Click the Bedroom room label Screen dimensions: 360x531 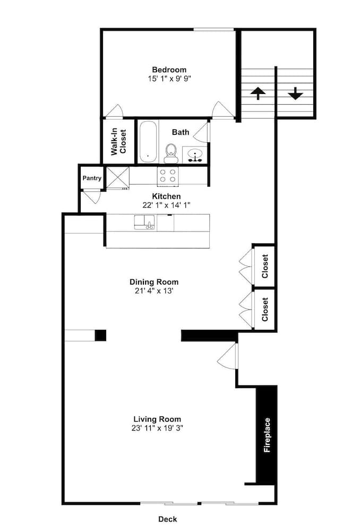point(169,70)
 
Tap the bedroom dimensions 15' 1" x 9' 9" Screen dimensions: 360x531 point(169,79)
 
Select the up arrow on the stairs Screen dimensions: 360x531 point(258,93)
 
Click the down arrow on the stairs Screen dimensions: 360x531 point(295,93)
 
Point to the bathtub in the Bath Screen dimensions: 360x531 point(148,142)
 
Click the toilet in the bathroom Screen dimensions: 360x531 point(170,153)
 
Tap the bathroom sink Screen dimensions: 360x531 point(195,155)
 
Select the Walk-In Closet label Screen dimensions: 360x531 point(118,141)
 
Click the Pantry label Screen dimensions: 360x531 point(92,178)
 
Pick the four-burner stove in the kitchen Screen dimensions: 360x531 point(168,176)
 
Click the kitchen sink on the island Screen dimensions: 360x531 point(144,222)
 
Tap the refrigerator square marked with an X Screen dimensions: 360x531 point(117,177)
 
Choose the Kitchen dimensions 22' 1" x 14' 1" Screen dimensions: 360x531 point(166,205)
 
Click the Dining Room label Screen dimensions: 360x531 point(154,282)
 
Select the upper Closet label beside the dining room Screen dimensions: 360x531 point(265,266)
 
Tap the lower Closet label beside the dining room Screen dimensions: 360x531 point(265,309)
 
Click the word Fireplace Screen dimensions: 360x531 point(267,435)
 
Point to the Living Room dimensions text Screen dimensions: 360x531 point(157,427)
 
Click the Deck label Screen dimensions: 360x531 point(168,519)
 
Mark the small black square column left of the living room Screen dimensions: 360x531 point(100,335)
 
